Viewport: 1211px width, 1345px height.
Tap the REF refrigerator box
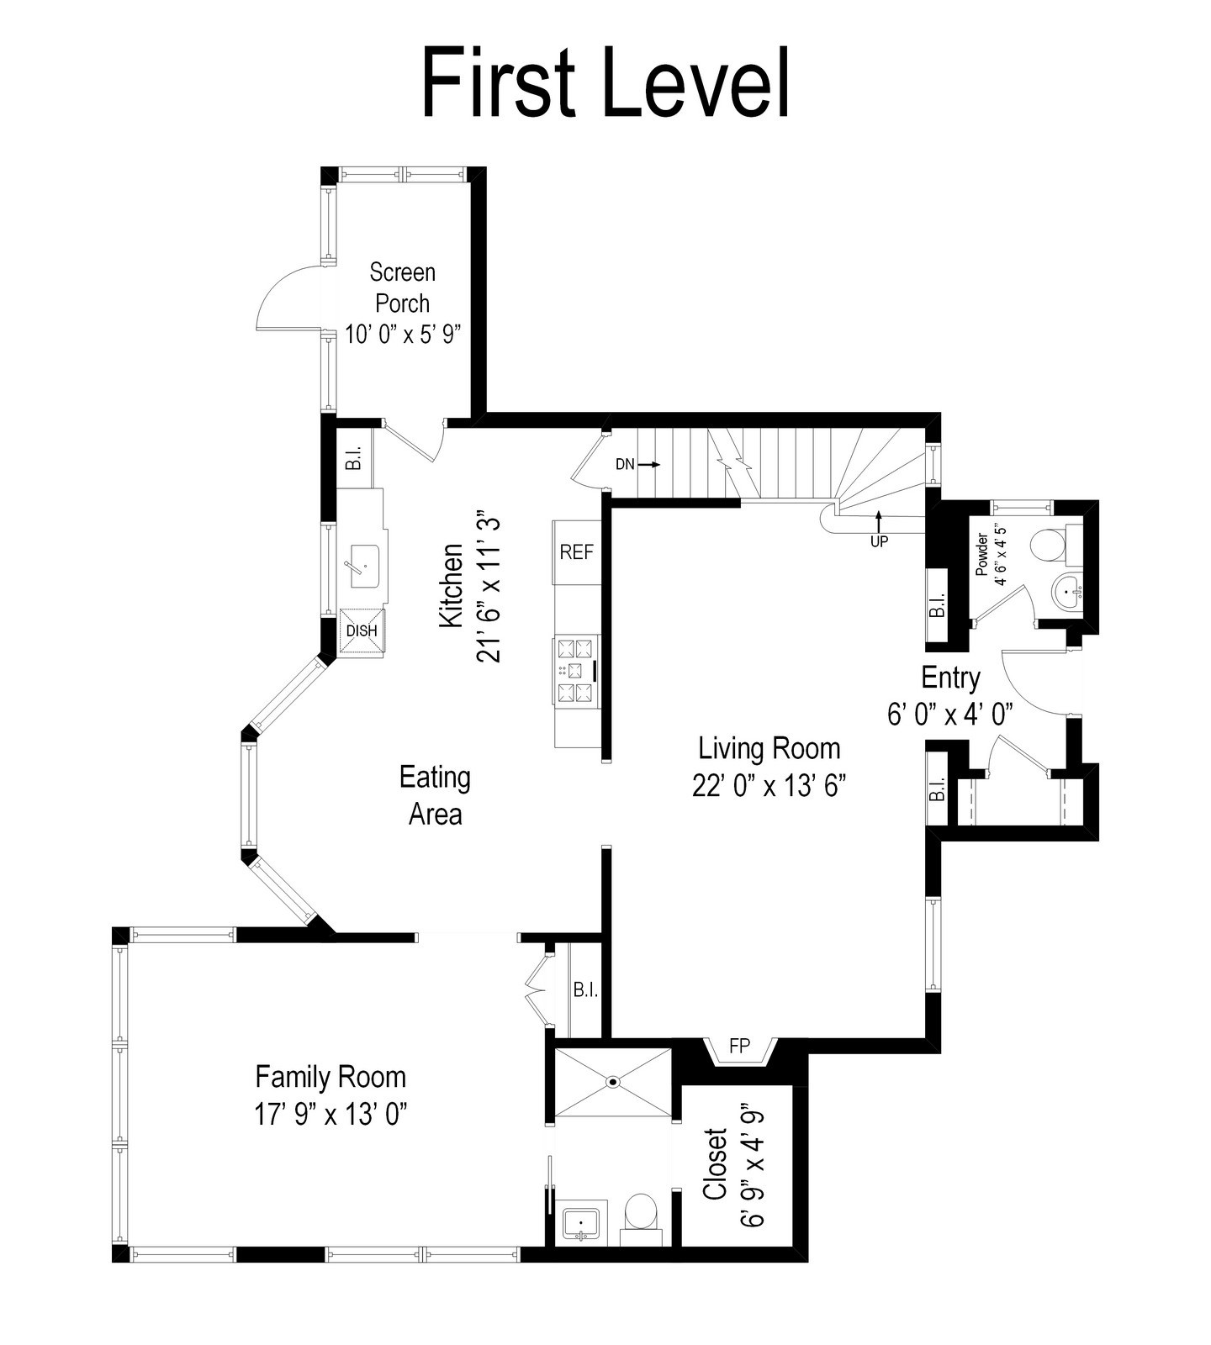[x=577, y=552]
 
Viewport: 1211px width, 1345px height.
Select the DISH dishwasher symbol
[x=362, y=631]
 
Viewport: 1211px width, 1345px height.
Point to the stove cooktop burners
[x=576, y=670]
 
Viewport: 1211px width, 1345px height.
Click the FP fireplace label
[x=739, y=1047]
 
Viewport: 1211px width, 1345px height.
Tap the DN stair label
[x=625, y=464]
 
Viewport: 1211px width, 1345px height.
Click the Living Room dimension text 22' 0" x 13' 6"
[x=769, y=785]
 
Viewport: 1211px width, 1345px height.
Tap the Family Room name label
[x=331, y=1077]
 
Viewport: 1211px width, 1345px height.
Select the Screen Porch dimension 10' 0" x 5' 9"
[x=403, y=334]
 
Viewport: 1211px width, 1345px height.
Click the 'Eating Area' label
[x=435, y=795]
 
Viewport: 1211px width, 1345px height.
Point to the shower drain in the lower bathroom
[x=613, y=1082]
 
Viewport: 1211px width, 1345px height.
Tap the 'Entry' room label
[x=950, y=678]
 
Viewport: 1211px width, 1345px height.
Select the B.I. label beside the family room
[x=585, y=990]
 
